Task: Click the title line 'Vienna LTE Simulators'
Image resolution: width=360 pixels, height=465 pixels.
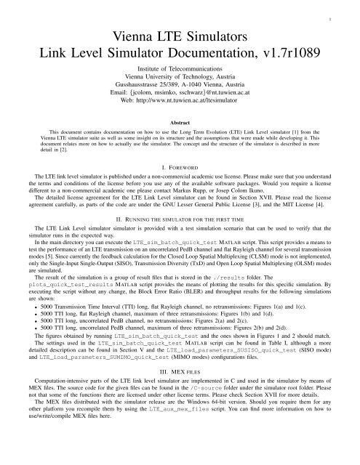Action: tap(180, 35)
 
